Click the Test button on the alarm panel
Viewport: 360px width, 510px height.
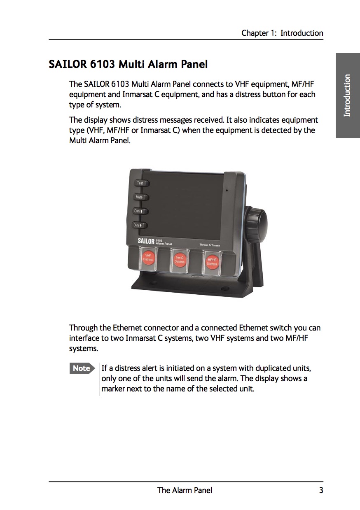(x=140, y=183)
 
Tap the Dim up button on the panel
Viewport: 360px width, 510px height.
(x=140, y=211)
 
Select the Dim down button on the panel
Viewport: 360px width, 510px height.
(x=140, y=225)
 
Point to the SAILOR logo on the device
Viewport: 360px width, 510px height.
(x=146, y=241)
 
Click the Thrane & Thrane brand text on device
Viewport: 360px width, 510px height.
(x=210, y=245)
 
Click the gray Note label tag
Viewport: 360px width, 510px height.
(x=82, y=368)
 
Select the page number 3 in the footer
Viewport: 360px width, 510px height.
(x=320, y=490)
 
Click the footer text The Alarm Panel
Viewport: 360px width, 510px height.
(x=185, y=490)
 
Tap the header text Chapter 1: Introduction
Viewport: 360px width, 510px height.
(x=282, y=33)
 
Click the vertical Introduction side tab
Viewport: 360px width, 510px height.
(x=347, y=95)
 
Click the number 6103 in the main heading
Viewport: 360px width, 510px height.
(x=103, y=65)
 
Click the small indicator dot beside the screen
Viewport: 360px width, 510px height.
(x=226, y=191)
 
